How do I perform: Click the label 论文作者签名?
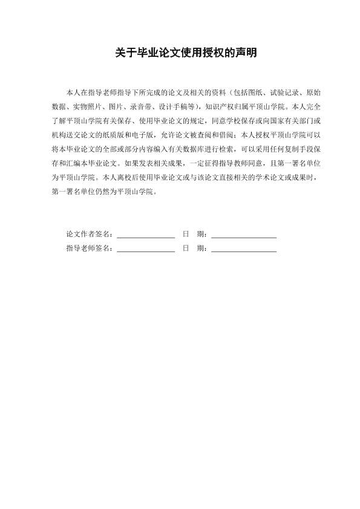tap(88, 234)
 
